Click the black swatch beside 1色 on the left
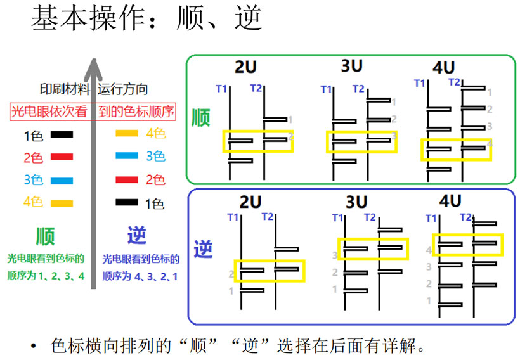[x=62, y=134]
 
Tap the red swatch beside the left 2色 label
[x=62, y=157]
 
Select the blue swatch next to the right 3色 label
[x=127, y=155]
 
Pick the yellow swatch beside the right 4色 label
[x=127, y=133]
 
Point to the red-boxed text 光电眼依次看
[x=49, y=112]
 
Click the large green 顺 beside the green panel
[x=201, y=118]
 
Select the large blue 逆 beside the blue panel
[x=203, y=248]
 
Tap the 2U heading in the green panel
[x=246, y=67]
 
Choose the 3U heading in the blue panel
[x=356, y=202]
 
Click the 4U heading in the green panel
[x=443, y=68]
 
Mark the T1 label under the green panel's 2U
[x=221, y=89]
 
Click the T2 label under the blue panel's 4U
[x=465, y=217]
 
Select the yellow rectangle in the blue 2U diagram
[x=235, y=271]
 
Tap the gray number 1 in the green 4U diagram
[x=490, y=93]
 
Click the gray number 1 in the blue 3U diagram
[x=335, y=290]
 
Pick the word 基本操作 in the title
[x=89, y=18]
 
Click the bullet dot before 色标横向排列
[x=33, y=347]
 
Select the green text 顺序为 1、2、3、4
[x=46, y=276]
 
